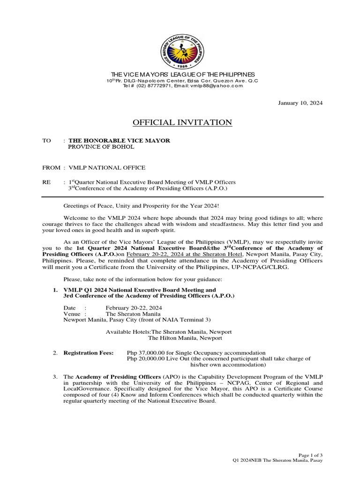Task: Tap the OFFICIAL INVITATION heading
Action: [182, 123]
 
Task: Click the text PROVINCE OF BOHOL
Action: [101, 147]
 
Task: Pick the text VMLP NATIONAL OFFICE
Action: [107, 168]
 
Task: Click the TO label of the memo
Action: [46, 141]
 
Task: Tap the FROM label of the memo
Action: [51, 168]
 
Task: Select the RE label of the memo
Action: [46, 182]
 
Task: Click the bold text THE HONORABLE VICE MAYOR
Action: [120, 141]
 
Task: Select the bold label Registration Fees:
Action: [89, 353]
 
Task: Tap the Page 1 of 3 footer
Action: [310, 455]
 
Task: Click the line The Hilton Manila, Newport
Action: [185, 338]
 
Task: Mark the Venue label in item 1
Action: [72, 314]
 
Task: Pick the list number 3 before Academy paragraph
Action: [55, 377]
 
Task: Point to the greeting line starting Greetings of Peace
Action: [140, 206]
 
